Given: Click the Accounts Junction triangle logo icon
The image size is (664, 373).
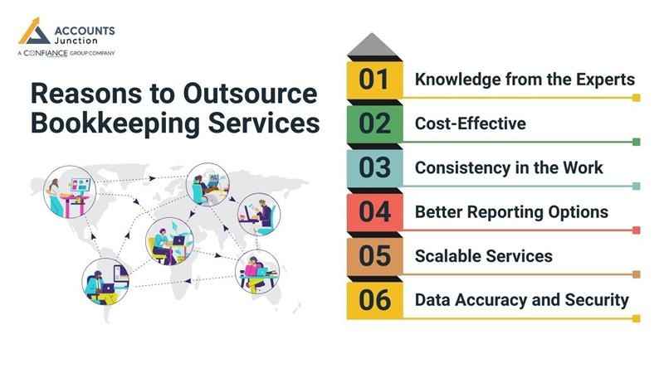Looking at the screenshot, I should (x=34, y=33).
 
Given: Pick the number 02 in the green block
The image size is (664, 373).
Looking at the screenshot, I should (x=375, y=123).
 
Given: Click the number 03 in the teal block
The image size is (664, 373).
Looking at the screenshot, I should (x=375, y=167).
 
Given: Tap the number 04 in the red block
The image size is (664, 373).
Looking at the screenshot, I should (x=375, y=211).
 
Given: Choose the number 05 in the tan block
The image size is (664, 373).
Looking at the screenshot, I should (x=375, y=255).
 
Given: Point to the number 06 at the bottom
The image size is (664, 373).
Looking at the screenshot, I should (x=375, y=299).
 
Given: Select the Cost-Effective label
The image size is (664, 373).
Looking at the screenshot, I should (x=471, y=124).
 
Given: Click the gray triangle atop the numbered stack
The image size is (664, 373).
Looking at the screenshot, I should (x=375, y=45).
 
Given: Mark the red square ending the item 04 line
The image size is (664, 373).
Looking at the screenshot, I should (x=636, y=230).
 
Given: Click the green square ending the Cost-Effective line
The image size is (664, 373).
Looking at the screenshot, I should (x=636, y=142).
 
